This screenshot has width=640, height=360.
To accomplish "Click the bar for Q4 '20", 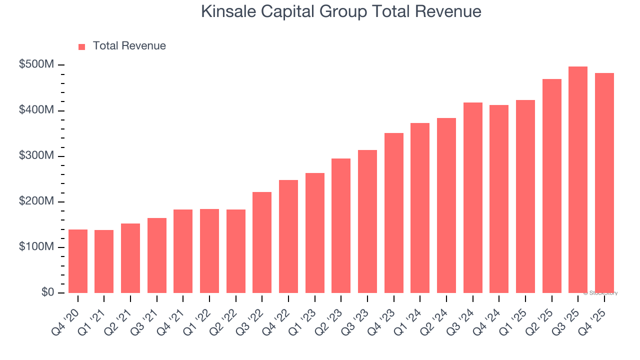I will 78,261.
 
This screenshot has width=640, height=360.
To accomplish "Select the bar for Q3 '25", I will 578,180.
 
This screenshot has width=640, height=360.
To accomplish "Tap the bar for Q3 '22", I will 262,242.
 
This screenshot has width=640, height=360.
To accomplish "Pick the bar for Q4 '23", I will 394,213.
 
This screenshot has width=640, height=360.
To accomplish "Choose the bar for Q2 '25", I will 551,186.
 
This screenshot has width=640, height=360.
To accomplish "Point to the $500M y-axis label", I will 36,65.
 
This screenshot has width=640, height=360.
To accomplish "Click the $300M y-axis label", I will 36,156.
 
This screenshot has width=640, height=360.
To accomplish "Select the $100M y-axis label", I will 36,247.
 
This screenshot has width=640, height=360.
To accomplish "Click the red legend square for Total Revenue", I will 82,46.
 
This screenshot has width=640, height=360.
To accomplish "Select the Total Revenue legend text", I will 129,46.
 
